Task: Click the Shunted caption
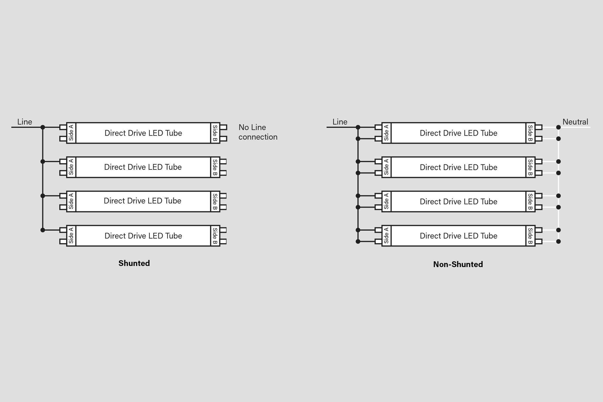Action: pos(134,263)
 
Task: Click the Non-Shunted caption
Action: pos(458,264)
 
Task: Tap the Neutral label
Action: pos(575,122)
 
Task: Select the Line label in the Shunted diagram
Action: pos(25,122)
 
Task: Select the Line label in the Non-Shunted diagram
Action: pos(340,122)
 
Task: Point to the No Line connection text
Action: pos(258,132)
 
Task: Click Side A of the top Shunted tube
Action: pos(71,133)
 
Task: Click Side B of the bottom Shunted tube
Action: pos(215,236)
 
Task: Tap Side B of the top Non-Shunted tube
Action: pos(530,133)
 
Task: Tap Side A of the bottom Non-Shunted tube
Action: pos(386,236)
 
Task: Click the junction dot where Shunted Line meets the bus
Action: pos(43,127)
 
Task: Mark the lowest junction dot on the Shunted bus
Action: pos(43,230)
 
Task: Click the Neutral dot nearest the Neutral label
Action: pos(558,127)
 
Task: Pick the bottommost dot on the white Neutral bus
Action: pos(558,242)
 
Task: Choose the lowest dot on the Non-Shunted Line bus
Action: pos(358,242)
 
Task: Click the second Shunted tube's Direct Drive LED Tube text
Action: pos(143,167)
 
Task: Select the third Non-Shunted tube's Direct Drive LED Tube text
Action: pos(458,201)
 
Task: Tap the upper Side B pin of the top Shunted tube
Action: pos(223,127)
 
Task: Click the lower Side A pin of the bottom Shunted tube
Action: pos(63,242)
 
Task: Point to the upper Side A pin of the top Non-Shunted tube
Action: pos(378,127)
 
